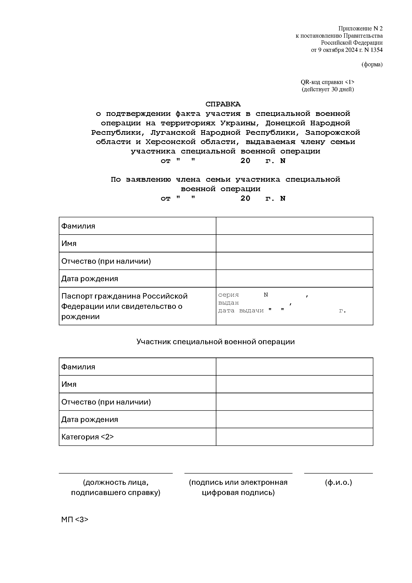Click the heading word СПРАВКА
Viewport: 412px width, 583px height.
[223, 104]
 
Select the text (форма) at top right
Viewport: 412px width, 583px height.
[372, 64]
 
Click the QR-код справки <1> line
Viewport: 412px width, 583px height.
[328, 82]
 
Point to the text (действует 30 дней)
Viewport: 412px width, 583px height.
[328, 89]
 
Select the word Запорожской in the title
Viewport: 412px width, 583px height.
[332, 132]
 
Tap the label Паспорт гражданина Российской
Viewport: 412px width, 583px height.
[124, 296]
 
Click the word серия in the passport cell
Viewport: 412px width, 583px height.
[229, 295]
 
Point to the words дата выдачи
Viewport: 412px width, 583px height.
[241, 311]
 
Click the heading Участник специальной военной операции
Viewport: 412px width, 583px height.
[216, 341]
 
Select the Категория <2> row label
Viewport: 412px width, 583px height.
[87, 437]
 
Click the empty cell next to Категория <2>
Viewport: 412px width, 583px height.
[294, 437]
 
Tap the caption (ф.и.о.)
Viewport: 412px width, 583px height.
[338, 482]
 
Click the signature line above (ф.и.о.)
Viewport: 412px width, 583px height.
[338, 473]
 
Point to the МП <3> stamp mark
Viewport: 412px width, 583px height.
[75, 519]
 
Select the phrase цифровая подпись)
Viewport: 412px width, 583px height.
[238, 493]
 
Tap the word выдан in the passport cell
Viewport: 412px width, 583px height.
[229, 303]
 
